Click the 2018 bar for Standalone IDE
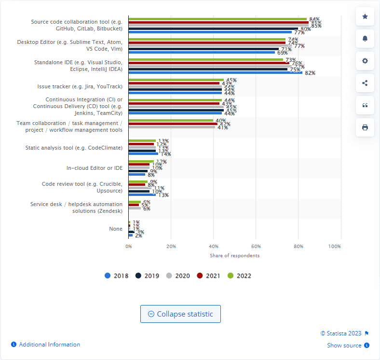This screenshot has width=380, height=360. (x=215, y=72)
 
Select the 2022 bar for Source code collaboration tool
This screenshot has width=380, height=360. (x=217, y=19)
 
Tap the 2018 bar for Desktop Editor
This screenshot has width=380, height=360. (x=202, y=52)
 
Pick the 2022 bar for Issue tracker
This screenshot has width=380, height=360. (x=176, y=80)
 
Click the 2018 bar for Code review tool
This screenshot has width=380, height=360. (x=142, y=194)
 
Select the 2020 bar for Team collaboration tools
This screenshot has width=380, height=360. (x=172, y=127)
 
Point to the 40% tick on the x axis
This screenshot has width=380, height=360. (x=213, y=246)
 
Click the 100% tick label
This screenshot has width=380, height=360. (x=335, y=246)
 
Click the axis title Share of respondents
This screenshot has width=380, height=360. (x=234, y=255)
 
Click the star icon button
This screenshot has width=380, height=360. (x=365, y=16)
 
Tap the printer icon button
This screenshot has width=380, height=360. (x=365, y=127)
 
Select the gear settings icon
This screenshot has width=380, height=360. (x=365, y=61)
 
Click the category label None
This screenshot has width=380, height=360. (x=116, y=228)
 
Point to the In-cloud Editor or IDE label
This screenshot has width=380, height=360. (x=95, y=168)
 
